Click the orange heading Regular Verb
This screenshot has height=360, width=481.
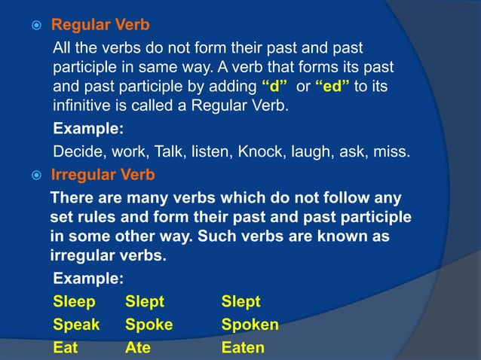point(100,25)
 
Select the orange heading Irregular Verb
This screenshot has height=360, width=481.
point(103,175)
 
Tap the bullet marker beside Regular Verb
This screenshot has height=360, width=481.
point(35,26)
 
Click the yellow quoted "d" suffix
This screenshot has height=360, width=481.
point(277,87)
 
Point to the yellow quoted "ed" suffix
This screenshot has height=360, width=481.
point(332,87)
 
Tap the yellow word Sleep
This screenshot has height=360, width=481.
point(75,302)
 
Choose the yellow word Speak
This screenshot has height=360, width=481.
point(76,325)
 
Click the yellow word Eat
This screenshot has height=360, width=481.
point(65,347)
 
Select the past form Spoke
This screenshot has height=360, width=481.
point(149,325)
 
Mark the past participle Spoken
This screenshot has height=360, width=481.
point(250,325)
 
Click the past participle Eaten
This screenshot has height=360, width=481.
point(243,347)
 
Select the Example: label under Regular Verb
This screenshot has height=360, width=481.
point(88,128)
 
